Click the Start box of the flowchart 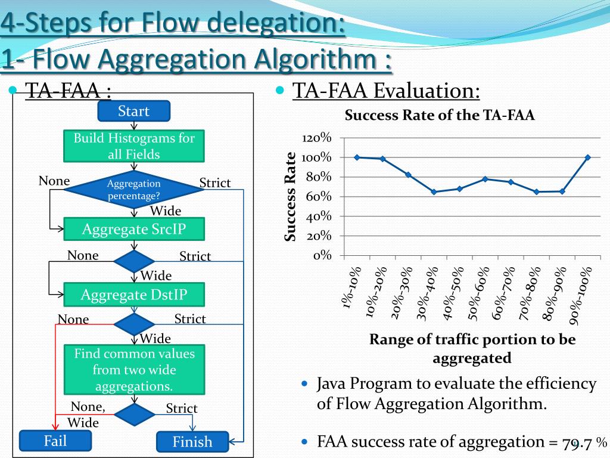tap(133, 111)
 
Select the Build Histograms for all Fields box tap(134, 146)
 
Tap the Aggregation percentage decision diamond tap(134, 190)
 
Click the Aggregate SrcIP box tap(134, 229)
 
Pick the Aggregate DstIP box tap(134, 295)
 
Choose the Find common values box tap(134, 370)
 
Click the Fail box tap(55, 441)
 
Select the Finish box tap(192, 442)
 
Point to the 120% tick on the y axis tap(317, 138)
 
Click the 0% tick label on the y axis tap(322, 256)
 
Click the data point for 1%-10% tap(357, 157)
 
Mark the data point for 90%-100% tap(587, 157)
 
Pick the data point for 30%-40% tap(434, 192)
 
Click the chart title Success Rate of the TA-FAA tap(440, 115)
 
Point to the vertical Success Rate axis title tap(290, 197)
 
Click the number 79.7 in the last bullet tap(577, 443)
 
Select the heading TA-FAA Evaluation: tap(387, 91)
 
